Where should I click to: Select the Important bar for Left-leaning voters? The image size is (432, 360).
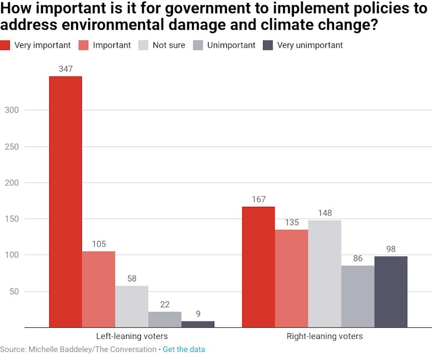[99, 289]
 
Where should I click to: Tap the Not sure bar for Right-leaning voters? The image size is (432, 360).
[324, 274]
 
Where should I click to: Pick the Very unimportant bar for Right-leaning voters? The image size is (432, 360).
[391, 292]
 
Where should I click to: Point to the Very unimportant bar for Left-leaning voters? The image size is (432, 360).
[198, 324]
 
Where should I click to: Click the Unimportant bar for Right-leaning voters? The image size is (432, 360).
[358, 296]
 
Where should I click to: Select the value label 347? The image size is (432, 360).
[65, 69]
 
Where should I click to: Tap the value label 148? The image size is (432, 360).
[324, 213]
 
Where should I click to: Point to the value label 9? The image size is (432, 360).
[198, 314]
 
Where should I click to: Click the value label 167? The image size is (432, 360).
[258, 199]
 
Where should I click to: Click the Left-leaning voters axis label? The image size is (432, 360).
[132, 336]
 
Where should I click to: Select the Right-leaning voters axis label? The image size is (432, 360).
[324, 336]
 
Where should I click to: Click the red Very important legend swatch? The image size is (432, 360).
[5, 45]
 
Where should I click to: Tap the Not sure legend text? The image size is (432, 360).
[169, 45]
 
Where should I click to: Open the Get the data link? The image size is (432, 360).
[184, 349]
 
